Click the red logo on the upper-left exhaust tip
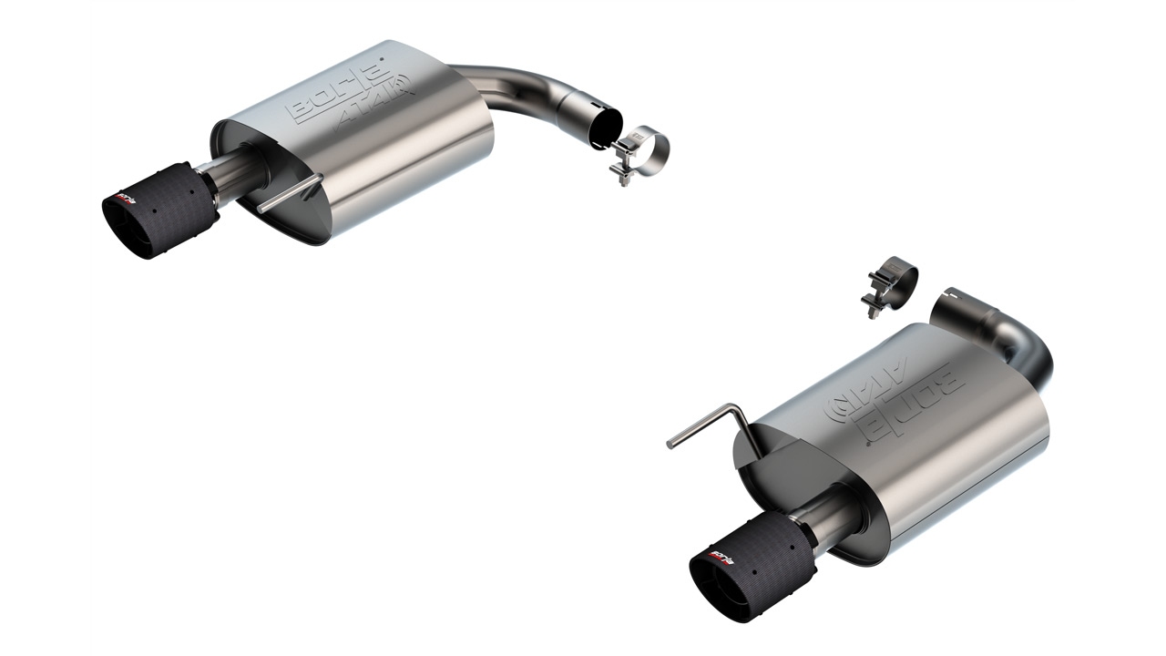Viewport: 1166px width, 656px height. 122,196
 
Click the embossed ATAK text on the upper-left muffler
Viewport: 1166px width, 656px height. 375,106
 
